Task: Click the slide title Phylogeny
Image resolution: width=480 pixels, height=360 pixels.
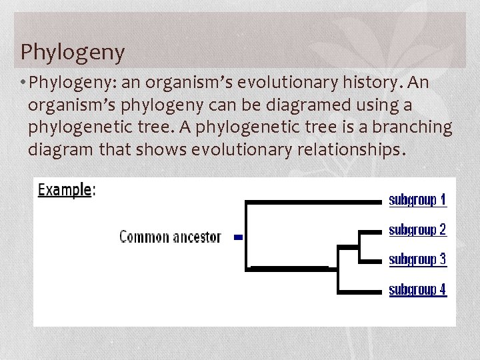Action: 72,52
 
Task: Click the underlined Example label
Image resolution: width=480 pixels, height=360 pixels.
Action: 65,189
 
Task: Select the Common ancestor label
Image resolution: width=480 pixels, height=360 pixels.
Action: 170,237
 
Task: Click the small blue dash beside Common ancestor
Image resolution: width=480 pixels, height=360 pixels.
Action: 238,237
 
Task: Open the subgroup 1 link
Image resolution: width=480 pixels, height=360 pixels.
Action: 417,199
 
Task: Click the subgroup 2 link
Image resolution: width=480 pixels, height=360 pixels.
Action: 417,230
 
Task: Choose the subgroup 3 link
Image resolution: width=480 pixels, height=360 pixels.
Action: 417,259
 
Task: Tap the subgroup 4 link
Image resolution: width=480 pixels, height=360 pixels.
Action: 417,289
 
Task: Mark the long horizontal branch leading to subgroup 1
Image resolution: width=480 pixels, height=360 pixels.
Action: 313,201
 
